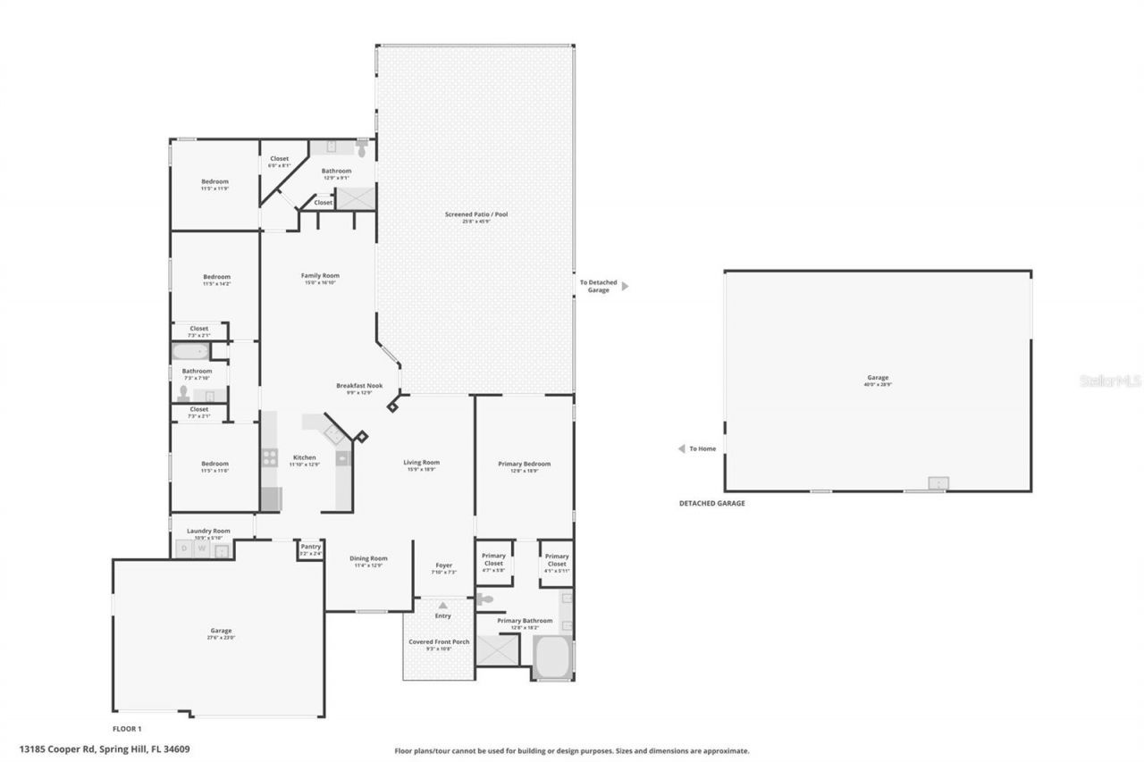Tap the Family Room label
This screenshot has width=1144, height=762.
[x=320, y=276]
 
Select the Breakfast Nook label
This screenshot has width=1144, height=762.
[x=359, y=386]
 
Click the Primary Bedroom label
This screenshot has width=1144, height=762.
[x=524, y=464]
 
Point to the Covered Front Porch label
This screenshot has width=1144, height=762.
[x=438, y=642]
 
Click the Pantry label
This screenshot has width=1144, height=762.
[x=310, y=547]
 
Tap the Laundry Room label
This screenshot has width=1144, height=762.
[x=208, y=531]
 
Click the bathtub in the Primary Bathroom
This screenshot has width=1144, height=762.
[x=551, y=658]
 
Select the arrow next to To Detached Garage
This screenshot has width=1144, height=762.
[x=625, y=286]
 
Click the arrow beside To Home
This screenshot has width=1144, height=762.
[x=681, y=448]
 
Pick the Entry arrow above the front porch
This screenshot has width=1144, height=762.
[x=442, y=606]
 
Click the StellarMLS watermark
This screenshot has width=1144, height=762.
[x=1110, y=381]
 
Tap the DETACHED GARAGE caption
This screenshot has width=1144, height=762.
[x=711, y=504]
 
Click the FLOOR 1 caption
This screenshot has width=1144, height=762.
[x=127, y=729]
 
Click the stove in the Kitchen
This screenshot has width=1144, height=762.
[x=269, y=458]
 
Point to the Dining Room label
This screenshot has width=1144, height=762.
[x=367, y=558]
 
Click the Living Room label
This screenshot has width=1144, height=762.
[x=421, y=463]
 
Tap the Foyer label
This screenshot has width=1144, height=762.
[x=443, y=565]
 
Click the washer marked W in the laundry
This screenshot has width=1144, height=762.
[x=203, y=549]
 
